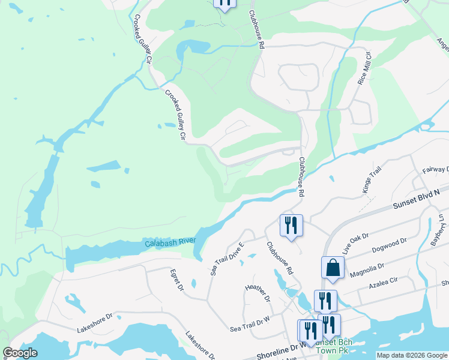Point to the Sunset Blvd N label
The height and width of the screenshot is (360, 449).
(416, 199)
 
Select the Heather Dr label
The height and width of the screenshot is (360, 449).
(258, 293)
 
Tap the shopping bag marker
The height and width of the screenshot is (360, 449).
(333, 268)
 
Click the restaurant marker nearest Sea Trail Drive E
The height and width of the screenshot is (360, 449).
(291, 226)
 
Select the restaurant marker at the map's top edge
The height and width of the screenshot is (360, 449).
(224, 4)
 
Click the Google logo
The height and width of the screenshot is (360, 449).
(20, 353)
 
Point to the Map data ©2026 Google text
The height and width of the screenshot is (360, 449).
(412, 355)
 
